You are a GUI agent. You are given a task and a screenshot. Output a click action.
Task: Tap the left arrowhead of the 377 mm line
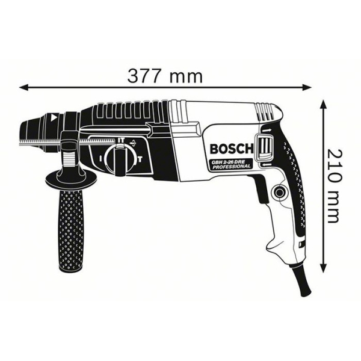(x=24, y=86)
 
